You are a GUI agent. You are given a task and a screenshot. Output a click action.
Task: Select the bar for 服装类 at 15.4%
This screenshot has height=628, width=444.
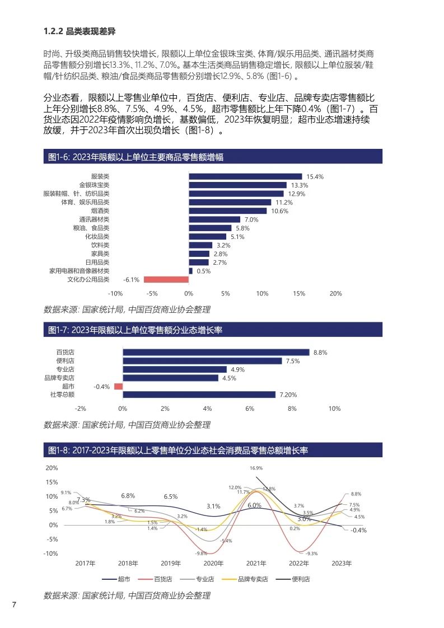[245, 176]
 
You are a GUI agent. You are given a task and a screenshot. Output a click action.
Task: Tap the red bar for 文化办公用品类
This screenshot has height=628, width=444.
[166, 279]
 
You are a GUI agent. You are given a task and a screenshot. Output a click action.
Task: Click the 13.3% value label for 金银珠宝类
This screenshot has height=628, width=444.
[300, 185]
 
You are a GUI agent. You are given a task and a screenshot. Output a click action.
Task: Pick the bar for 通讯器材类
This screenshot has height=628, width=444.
[214, 219]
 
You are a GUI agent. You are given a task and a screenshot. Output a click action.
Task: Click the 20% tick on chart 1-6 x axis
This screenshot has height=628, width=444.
[335, 293]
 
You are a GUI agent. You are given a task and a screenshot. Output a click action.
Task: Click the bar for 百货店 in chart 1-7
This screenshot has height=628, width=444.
[216, 353]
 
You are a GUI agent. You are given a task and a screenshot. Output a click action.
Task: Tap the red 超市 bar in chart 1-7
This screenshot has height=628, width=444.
[118, 386]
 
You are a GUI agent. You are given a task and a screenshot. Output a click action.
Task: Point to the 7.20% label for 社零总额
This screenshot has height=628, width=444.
[288, 395]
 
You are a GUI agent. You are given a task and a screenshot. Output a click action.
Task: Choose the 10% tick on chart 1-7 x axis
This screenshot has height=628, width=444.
[334, 409]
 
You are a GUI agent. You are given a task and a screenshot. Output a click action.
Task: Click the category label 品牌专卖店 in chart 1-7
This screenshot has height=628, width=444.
[59, 378]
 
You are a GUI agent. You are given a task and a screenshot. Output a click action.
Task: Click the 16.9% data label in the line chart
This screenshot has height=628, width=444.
[256, 468]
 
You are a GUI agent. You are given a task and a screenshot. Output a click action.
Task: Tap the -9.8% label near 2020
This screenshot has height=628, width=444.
[201, 553]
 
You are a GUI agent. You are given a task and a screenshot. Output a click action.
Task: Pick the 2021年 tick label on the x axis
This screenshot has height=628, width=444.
[256, 564]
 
